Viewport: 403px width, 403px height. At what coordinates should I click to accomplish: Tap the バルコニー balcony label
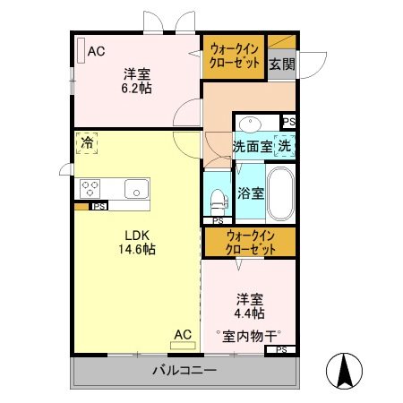[184, 370]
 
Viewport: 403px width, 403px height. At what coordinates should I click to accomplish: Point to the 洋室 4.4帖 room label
[250, 306]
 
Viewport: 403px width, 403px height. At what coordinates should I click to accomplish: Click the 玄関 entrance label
[281, 64]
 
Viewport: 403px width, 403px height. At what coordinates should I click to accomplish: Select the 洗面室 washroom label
[252, 145]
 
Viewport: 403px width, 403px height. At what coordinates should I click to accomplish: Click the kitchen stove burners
[91, 188]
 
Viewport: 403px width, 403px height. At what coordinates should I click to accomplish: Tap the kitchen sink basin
[135, 188]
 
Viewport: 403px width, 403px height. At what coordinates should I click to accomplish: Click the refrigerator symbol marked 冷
[87, 142]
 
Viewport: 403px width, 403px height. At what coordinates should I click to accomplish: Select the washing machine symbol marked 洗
[284, 145]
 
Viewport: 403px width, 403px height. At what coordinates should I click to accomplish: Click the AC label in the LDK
[183, 335]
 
